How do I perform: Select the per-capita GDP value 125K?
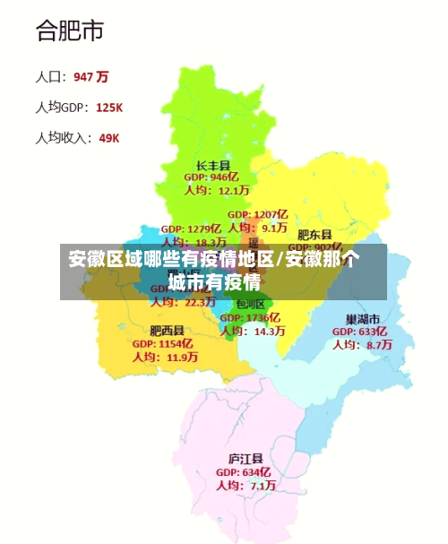108,108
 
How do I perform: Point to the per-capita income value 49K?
108,138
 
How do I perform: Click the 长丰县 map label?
213,166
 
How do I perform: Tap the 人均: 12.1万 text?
216,190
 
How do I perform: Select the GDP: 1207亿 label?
257,215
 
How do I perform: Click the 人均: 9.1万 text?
257,228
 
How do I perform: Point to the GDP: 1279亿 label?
191,229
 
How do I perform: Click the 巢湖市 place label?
363,319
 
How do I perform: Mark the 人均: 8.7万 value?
362,344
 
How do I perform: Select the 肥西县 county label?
167,331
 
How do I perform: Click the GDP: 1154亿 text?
163,343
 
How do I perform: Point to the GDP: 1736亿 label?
250,318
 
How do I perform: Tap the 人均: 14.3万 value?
254,331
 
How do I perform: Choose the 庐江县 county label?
245,459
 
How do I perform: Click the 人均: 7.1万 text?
246,485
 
